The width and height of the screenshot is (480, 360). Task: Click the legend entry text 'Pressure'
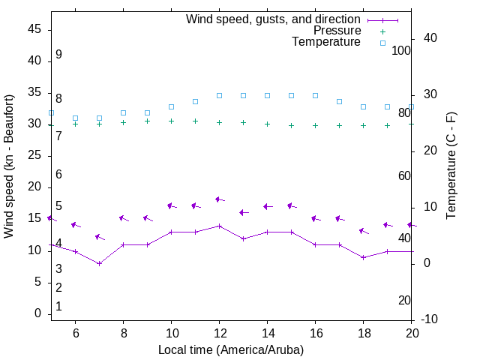coord(337,31)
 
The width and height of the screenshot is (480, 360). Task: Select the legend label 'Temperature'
coord(326,42)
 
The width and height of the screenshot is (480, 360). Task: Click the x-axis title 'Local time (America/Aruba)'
coord(231,349)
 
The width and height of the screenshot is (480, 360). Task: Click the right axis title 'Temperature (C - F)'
coord(451,166)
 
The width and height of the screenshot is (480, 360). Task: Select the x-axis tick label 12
coord(219,332)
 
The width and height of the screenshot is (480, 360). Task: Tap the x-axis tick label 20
coord(411,332)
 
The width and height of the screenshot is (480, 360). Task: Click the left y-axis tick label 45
coord(34,29)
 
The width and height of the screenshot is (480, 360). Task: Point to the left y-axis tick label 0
coord(38,313)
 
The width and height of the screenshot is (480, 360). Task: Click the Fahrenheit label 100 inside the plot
coord(401,50)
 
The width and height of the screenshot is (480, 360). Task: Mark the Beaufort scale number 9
coord(58,55)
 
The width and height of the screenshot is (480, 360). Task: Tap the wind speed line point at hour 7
coord(99,263)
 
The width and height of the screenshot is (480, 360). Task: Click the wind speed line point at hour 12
coord(219,226)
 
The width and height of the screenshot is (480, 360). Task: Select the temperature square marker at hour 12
coord(219,95)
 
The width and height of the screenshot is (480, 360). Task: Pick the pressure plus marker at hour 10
coord(171,121)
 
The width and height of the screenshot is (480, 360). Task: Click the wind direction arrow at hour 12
coord(219,199)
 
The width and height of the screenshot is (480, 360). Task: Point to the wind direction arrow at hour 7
coord(99,238)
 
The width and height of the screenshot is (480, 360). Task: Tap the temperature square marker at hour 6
coord(75,118)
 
